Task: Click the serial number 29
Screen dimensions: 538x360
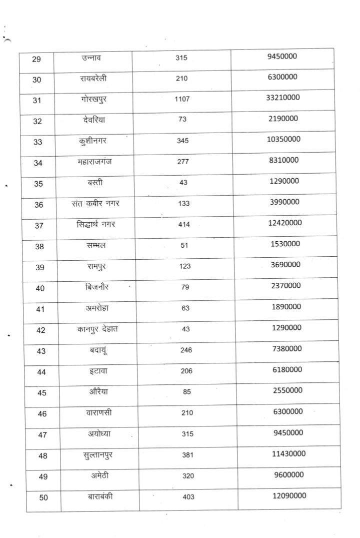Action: pyautogui.click(x=36, y=59)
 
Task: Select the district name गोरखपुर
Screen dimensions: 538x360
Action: pyautogui.click(x=93, y=100)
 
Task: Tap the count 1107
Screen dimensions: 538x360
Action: pyautogui.click(x=182, y=100)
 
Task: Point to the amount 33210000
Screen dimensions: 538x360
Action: pyautogui.click(x=283, y=97)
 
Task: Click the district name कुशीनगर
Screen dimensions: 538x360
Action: pyautogui.click(x=93, y=141)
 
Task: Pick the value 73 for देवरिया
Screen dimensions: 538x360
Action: pyautogui.click(x=182, y=120)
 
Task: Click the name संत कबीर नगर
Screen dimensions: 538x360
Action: pyautogui.click(x=95, y=204)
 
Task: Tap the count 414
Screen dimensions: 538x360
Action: pyautogui.click(x=184, y=225)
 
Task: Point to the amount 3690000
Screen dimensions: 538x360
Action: pyautogui.click(x=285, y=264)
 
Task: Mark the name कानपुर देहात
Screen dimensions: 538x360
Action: pyautogui.click(x=98, y=329)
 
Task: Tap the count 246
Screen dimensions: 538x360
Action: pyautogui.click(x=186, y=350)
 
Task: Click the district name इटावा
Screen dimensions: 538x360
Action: pyautogui.click(x=96, y=371)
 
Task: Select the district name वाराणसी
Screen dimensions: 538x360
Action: pyautogui.click(x=98, y=413)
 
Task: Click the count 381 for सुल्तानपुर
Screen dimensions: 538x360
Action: pyautogui.click(x=187, y=455)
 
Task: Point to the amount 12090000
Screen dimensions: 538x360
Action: pyautogui.click(x=289, y=495)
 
